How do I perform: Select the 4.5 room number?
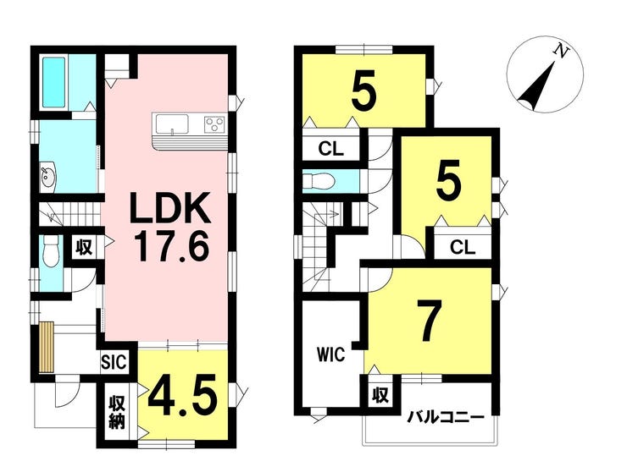point(183,395)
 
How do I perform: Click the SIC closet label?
point(114,362)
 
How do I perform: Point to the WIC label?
point(330,354)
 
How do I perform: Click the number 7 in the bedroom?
point(429,321)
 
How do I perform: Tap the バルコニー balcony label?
point(446,418)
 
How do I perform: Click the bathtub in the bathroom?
point(54,83)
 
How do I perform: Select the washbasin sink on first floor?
point(48,177)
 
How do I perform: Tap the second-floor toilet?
point(319,182)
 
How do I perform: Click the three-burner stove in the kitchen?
point(214,123)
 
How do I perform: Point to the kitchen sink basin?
point(172,124)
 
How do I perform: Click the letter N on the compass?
point(562,51)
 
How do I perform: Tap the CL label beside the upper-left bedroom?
point(330,149)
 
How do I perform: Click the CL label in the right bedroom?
point(463,248)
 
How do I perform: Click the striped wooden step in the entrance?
point(47,347)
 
